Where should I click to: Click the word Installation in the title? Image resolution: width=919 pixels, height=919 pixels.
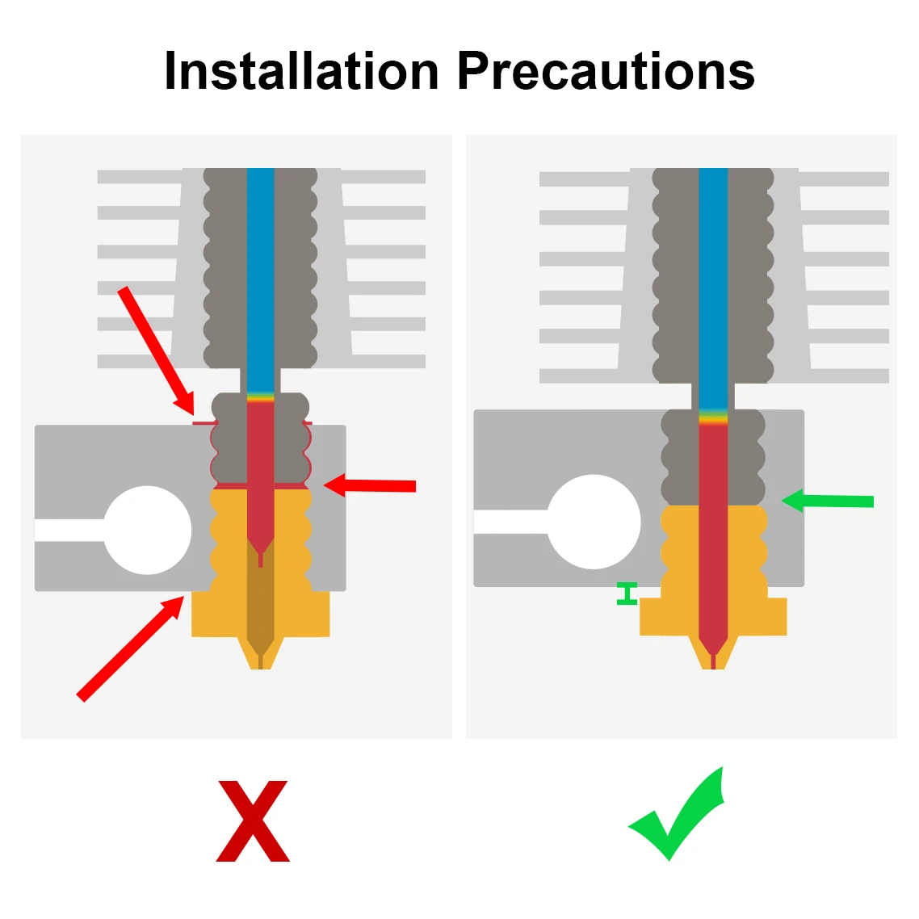[x=301, y=71]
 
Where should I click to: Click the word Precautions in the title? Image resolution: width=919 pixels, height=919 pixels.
[x=606, y=71]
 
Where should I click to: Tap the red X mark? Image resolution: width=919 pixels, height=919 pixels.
[x=253, y=820]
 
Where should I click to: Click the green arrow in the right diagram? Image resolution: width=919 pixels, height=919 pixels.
[x=828, y=501]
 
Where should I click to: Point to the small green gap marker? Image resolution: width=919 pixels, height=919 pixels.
[x=627, y=594]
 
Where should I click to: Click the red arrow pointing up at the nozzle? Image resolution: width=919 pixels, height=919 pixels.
[x=129, y=647]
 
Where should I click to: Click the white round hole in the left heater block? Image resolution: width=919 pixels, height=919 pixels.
[x=148, y=530]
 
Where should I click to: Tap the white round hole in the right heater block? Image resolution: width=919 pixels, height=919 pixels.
[x=594, y=522]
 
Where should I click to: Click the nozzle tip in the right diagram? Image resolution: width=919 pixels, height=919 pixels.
[x=713, y=661]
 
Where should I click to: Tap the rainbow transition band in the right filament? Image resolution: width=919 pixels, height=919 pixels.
[x=713, y=418]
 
